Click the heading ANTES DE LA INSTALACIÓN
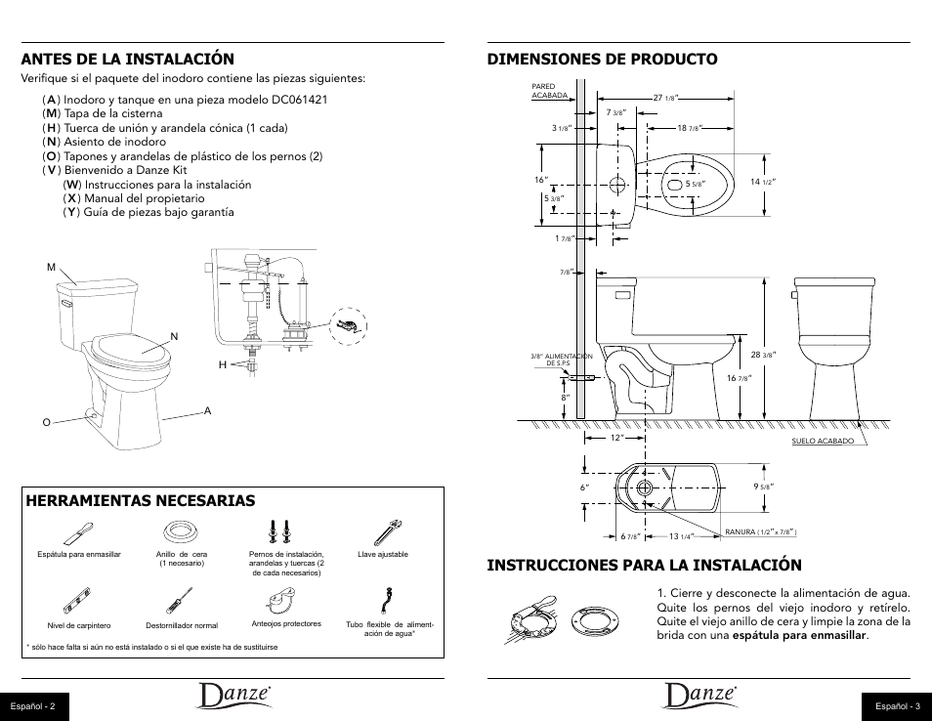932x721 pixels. [128, 60]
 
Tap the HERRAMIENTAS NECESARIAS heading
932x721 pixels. [141, 500]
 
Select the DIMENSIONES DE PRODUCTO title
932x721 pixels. [602, 59]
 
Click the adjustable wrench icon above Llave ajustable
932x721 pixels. [383, 532]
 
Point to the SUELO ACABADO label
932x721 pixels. [823, 442]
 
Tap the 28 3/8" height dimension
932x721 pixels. [762, 355]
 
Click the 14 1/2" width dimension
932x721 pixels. [762, 183]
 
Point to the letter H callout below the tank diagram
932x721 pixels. [222, 364]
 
